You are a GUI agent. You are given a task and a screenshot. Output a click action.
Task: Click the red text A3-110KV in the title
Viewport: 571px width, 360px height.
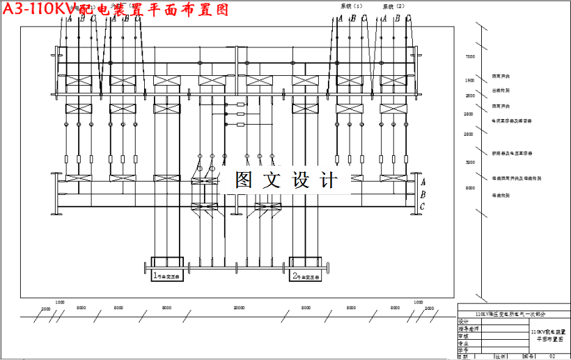point(38,9)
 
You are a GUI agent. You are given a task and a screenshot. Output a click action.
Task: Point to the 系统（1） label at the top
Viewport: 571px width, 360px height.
point(352,6)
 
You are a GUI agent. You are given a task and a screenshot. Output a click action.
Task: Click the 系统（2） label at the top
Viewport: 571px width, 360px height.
point(394,6)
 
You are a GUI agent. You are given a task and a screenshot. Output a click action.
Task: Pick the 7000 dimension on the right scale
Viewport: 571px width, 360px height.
point(470,57)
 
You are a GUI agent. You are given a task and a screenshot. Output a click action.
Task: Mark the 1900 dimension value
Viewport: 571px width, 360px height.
point(470,81)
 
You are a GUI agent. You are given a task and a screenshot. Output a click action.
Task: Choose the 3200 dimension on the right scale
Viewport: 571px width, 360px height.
point(470,162)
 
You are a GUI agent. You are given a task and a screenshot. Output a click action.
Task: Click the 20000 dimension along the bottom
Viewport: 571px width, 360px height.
point(239,307)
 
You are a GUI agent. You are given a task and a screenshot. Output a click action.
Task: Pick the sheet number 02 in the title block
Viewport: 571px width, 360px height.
point(552,356)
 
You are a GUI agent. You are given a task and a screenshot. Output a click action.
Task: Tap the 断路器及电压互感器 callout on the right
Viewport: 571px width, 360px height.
point(513,152)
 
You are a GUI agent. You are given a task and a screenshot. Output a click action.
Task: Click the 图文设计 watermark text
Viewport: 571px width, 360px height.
point(285,180)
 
